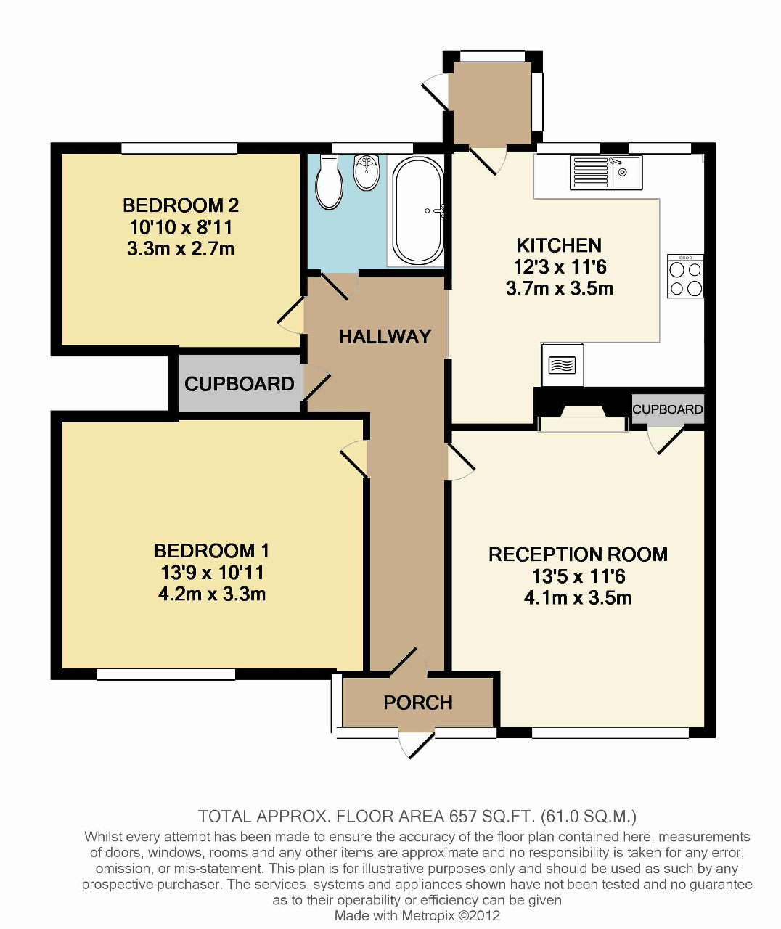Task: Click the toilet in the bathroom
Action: (330, 183)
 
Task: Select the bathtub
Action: (418, 210)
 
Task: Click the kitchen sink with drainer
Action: (606, 173)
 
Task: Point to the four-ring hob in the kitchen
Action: (685, 277)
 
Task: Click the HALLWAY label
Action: (385, 336)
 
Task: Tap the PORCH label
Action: (418, 703)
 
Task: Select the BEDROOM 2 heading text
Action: (181, 205)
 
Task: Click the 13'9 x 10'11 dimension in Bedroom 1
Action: (212, 573)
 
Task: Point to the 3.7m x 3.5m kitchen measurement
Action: (559, 288)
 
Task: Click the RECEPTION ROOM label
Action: (578, 554)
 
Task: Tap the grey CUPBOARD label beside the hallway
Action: (239, 384)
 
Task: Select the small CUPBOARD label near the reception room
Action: (667, 409)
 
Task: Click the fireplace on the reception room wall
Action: (584, 419)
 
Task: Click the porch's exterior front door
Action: (416, 744)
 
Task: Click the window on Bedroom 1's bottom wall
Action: (166, 674)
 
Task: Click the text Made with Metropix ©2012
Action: (417, 915)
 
